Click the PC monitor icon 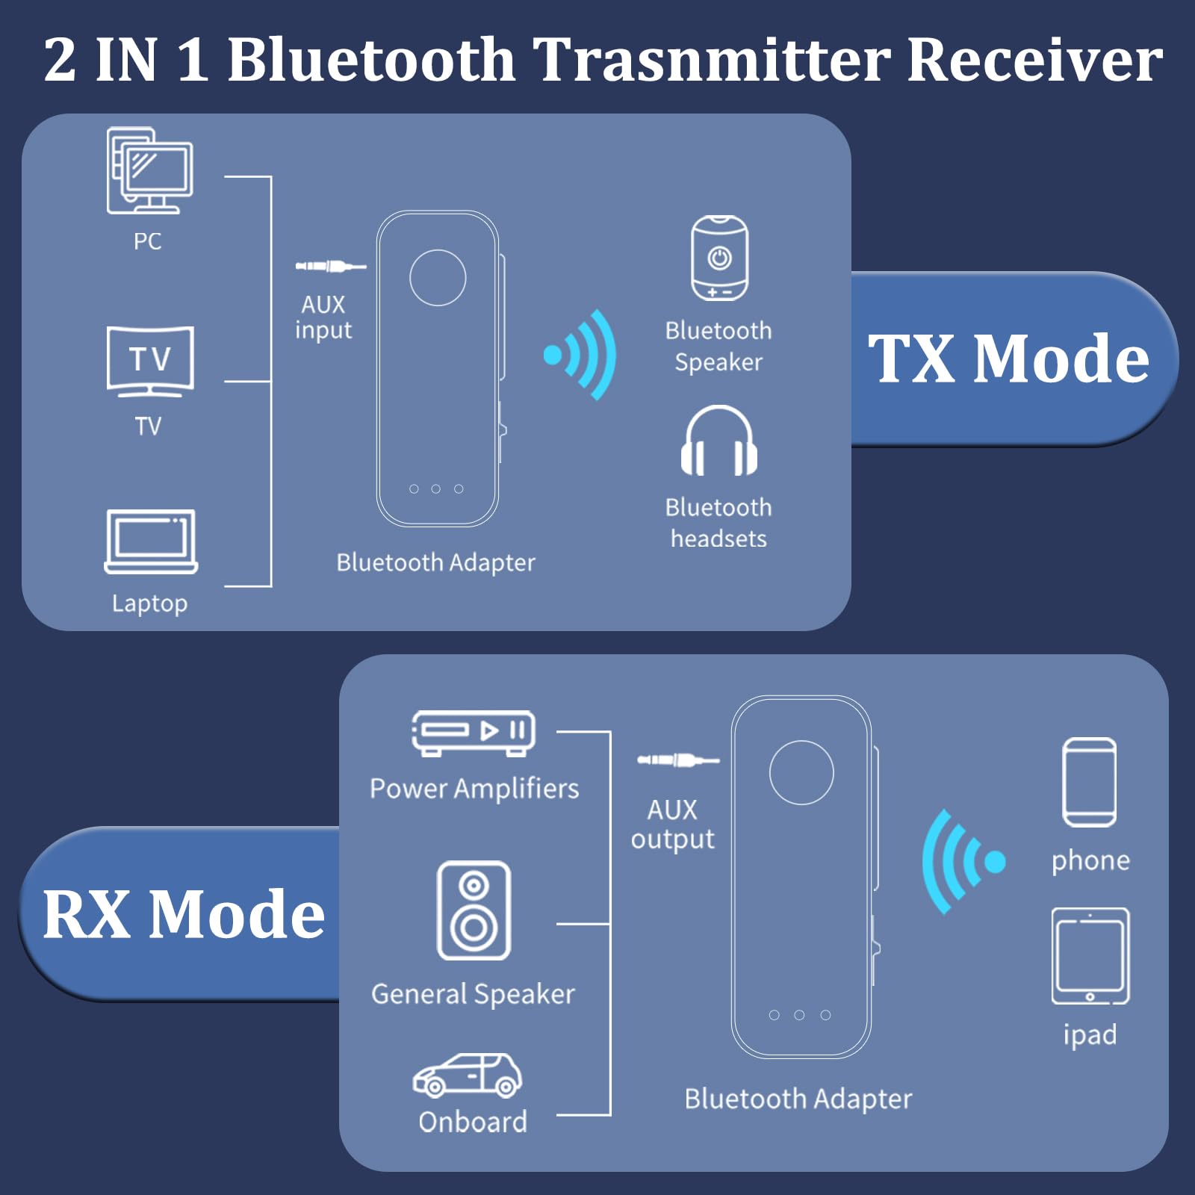(150, 171)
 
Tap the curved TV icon (150, 361)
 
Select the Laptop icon (151, 541)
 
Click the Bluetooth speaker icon (719, 258)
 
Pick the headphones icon (718, 441)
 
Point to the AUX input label (323, 317)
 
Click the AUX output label (672, 824)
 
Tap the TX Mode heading (1008, 358)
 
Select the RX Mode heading (184, 913)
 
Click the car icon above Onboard (468, 1075)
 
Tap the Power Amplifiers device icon (474, 732)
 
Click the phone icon (1090, 782)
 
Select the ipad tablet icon (1090, 957)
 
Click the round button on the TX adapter (438, 278)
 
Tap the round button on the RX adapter (801, 772)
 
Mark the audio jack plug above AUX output (677, 760)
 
